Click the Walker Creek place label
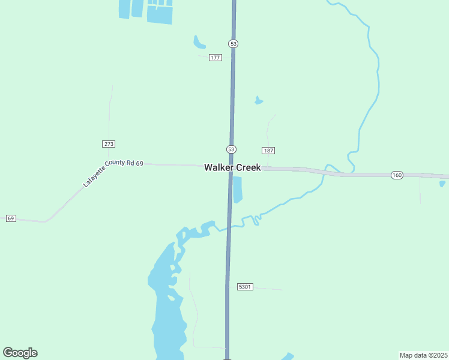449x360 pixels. point(232,167)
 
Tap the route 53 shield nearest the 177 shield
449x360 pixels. point(234,43)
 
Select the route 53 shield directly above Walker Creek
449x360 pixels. point(232,149)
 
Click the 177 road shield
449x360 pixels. point(215,58)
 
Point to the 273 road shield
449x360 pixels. point(109,144)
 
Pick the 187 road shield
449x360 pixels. point(268,150)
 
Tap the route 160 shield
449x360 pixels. point(397,175)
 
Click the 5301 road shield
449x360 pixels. point(245,287)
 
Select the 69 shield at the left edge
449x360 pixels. point(11,218)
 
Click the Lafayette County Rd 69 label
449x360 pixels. point(113,173)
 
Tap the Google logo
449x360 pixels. point(20,353)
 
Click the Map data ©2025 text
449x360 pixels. point(423,355)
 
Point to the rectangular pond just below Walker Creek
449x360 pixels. point(237,189)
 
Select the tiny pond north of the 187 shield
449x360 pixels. point(259,100)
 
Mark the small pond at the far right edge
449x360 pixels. point(442,184)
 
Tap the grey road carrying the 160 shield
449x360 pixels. point(360,175)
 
